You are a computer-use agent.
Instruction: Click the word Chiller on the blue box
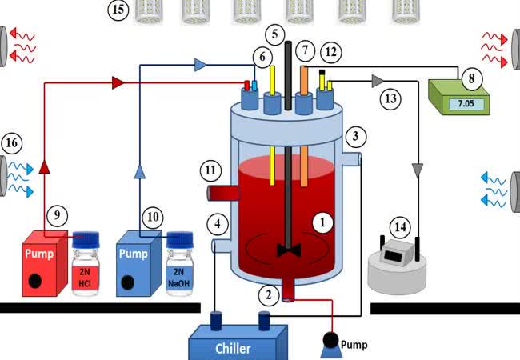point(232,348)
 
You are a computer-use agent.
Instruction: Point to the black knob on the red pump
point(34,281)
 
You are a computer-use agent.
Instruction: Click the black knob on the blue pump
point(128,282)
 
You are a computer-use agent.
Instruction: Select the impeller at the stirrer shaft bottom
point(287,250)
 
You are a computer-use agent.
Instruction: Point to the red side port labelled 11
point(219,192)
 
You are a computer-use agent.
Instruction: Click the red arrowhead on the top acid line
point(118,82)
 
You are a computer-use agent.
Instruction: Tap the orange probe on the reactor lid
point(305,79)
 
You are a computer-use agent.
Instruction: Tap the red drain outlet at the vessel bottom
point(289,293)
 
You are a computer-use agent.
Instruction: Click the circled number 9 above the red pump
point(55,214)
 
